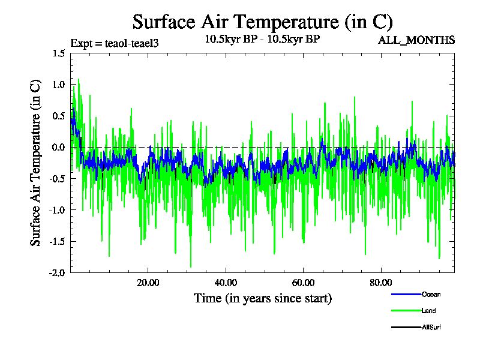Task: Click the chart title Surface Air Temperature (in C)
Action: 262,22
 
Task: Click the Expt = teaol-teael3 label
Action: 114,43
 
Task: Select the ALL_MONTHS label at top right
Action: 416,40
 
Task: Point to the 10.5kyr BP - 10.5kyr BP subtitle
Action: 262,40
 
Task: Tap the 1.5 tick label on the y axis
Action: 58,53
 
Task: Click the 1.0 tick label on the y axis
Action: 58,85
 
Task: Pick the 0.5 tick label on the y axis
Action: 58,116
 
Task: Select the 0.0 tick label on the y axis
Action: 58,148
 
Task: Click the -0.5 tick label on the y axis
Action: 57,179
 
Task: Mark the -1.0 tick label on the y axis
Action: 57,210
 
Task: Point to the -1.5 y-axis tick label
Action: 57,241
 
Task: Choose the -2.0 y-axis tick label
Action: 57,272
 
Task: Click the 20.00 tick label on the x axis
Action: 148,283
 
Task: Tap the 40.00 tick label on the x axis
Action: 225,283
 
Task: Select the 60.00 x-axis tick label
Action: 303,283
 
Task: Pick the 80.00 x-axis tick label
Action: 380,283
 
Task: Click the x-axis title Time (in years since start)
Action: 262,298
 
